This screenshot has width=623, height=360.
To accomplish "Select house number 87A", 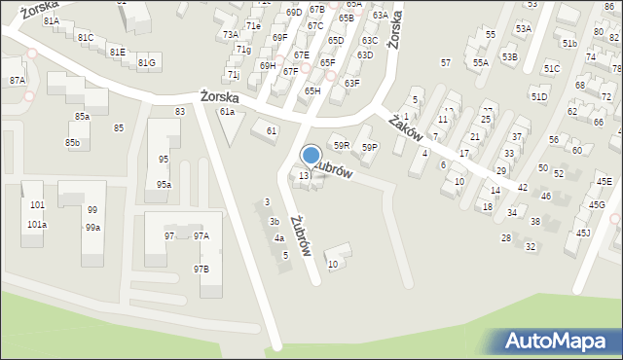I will (18, 81).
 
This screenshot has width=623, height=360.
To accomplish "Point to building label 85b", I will (73, 143).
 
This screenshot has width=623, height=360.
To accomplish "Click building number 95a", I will (164, 184).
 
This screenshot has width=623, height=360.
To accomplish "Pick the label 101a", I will (37, 225).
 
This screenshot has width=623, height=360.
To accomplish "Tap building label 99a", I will (92, 228).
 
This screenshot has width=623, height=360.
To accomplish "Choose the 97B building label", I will (201, 268).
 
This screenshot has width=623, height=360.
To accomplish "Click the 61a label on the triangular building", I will (227, 112).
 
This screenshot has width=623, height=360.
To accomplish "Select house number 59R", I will (341, 145).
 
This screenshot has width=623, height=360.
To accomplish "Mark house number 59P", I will (369, 147).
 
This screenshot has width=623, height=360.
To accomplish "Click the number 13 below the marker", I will (304, 176).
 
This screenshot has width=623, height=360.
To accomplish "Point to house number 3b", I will (274, 221).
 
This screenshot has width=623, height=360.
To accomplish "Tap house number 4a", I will (278, 238).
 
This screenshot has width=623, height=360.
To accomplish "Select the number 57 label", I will (445, 62).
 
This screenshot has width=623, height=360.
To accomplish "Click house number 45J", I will (583, 233).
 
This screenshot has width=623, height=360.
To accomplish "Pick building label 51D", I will (538, 97).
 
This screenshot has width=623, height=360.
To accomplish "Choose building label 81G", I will (146, 63).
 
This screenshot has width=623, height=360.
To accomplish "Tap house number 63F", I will (351, 84).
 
